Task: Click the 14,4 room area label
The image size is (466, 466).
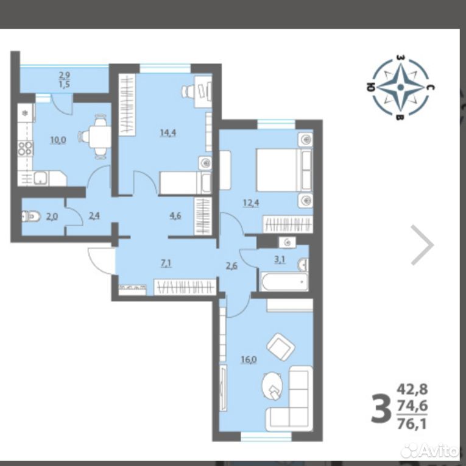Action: pos(168,133)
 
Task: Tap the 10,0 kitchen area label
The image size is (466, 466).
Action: pos(58,140)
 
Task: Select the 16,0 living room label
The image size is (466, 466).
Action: pos(249,360)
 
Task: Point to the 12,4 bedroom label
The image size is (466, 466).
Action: pos(251,203)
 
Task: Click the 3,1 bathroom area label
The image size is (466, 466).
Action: pos(280,260)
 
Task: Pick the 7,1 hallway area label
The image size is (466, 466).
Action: pos(166,263)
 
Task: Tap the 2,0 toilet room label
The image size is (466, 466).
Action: pos(52,217)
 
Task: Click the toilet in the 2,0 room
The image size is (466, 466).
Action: pos(31,216)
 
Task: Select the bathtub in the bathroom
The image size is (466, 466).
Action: pos(284,282)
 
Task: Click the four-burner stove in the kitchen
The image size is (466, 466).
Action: pos(25,148)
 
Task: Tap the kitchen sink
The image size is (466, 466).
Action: pos(41,178)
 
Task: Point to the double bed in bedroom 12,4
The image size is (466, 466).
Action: pos(284,170)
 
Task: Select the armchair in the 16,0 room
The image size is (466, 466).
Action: pos(281,346)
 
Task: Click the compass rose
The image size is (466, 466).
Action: pos(400,87)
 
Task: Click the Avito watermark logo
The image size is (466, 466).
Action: pos(430,451)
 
